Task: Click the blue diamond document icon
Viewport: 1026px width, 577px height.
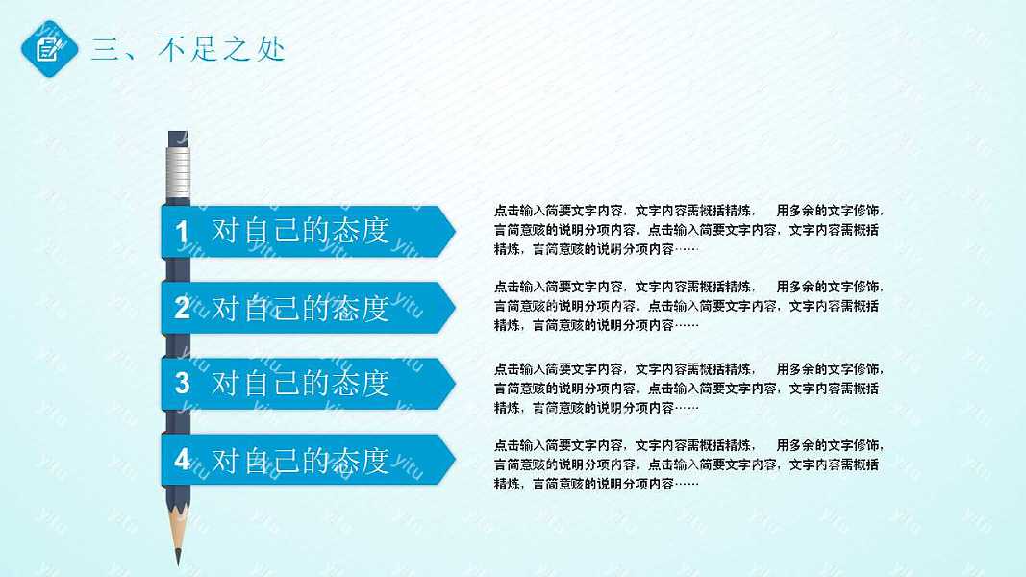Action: pos(48,48)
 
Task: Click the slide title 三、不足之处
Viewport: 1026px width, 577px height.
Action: pos(188,49)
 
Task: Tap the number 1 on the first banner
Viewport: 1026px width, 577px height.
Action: pos(183,232)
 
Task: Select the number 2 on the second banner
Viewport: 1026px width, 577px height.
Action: pos(183,308)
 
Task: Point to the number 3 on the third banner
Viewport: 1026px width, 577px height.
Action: pos(183,383)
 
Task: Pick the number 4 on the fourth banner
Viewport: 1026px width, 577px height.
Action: pos(183,460)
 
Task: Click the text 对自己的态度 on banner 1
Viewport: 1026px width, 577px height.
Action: pos(300,232)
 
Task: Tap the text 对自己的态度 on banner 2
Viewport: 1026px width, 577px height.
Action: pos(300,308)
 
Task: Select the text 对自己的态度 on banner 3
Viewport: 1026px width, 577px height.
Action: pos(300,383)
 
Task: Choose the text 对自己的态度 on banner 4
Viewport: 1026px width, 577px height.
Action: pos(300,460)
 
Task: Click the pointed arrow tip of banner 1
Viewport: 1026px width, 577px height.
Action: pos(448,231)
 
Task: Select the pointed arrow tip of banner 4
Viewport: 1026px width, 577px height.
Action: pos(448,460)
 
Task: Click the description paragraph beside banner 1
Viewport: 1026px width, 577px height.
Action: pos(687,230)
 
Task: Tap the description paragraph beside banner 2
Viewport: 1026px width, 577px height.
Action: pos(687,306)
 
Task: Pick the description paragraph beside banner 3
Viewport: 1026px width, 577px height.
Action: pos(687,389)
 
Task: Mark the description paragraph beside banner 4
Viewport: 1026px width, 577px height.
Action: pos(687,464)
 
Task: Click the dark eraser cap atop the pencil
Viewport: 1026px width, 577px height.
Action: pos(179,138)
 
